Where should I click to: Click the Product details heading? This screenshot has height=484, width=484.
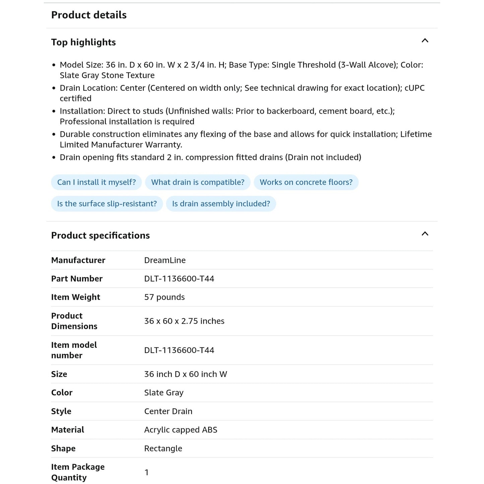(x=89, y=15)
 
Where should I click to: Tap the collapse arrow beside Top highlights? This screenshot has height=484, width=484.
(x=425, y=41)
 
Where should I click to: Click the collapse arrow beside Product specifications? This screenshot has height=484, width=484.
(x=425, y=234)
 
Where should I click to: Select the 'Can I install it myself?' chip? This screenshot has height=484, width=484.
(x=96, y=182)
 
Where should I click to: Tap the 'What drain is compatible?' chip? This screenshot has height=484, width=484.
(x=198, y=182)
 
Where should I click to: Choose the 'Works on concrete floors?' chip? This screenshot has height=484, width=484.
(x=306, y=182)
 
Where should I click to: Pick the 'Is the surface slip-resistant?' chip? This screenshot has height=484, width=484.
(x=107, y=204)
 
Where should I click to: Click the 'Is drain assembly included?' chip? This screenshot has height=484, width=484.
(x=221, y=204)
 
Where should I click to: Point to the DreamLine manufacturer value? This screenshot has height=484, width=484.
(x=165, y=260)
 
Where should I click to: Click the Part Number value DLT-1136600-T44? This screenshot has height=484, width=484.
(x=179, y=279)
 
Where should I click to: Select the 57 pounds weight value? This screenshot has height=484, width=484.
(x=164, y=297)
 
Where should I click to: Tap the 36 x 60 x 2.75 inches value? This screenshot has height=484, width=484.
(x=184, y=321)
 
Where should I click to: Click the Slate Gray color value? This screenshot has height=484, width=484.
(x=164, y=393)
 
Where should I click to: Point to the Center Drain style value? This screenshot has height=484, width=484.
(x=168, y=411)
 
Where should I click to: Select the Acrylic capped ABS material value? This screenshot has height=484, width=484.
(x=181, y=430)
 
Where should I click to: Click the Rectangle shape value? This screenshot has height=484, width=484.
(x=163, y=448)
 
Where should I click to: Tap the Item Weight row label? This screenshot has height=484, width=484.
(x=76, y=297)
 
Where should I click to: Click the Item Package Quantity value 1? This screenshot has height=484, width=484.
(x=146, y=472)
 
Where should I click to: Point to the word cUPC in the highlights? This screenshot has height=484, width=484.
(x=414, y=88)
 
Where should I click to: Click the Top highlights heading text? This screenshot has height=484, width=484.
(x=83, y=42)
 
